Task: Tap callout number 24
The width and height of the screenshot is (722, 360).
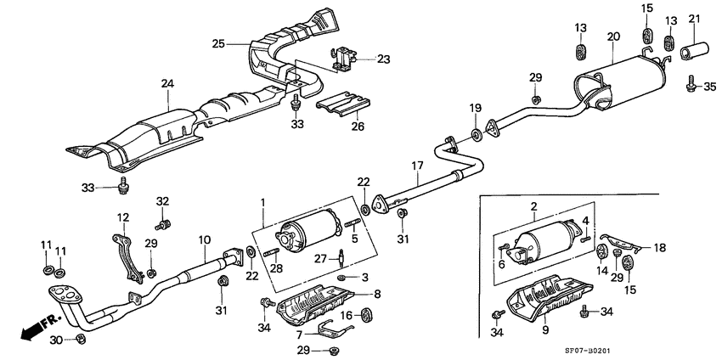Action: [x=167, y=83]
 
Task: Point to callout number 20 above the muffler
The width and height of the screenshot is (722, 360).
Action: [x=613, y=37]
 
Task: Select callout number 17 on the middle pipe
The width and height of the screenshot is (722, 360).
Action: [x=417, y=166]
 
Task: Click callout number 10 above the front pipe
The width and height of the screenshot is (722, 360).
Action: [x=203, y=239]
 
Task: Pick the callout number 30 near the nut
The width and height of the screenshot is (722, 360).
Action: [x=54, y=340]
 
